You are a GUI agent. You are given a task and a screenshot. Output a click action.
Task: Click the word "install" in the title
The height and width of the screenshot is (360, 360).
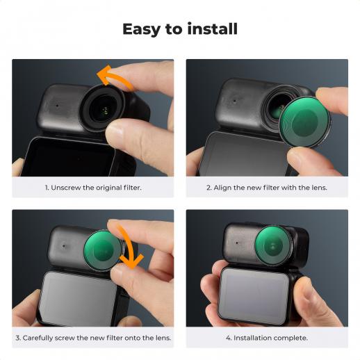[x=213, y=28]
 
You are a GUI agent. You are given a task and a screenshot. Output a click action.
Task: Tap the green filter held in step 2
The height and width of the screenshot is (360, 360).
[x=305, y=122]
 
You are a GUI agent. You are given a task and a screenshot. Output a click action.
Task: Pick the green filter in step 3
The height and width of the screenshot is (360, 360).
[x=103, y=250]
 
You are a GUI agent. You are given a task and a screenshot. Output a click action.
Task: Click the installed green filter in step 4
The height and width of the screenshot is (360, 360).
[x=273, y=245]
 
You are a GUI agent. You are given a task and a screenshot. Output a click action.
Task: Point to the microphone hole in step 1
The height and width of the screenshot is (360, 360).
[x=57, y=106]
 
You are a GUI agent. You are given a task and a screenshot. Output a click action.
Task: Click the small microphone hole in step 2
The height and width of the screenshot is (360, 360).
[x=234, y=101]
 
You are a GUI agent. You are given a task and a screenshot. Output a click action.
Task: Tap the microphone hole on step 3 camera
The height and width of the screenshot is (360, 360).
[x=64, y=246]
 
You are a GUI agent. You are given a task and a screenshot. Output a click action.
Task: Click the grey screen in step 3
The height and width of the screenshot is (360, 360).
[x=78, y=299]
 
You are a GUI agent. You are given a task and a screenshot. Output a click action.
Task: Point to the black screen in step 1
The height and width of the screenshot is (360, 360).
[x=68, y=158]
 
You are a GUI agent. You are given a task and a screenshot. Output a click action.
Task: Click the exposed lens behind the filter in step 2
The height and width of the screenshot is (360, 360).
[x=277, y=109]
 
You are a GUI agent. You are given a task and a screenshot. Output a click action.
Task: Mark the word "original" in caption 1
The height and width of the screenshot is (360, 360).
[x=108, y=188]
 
